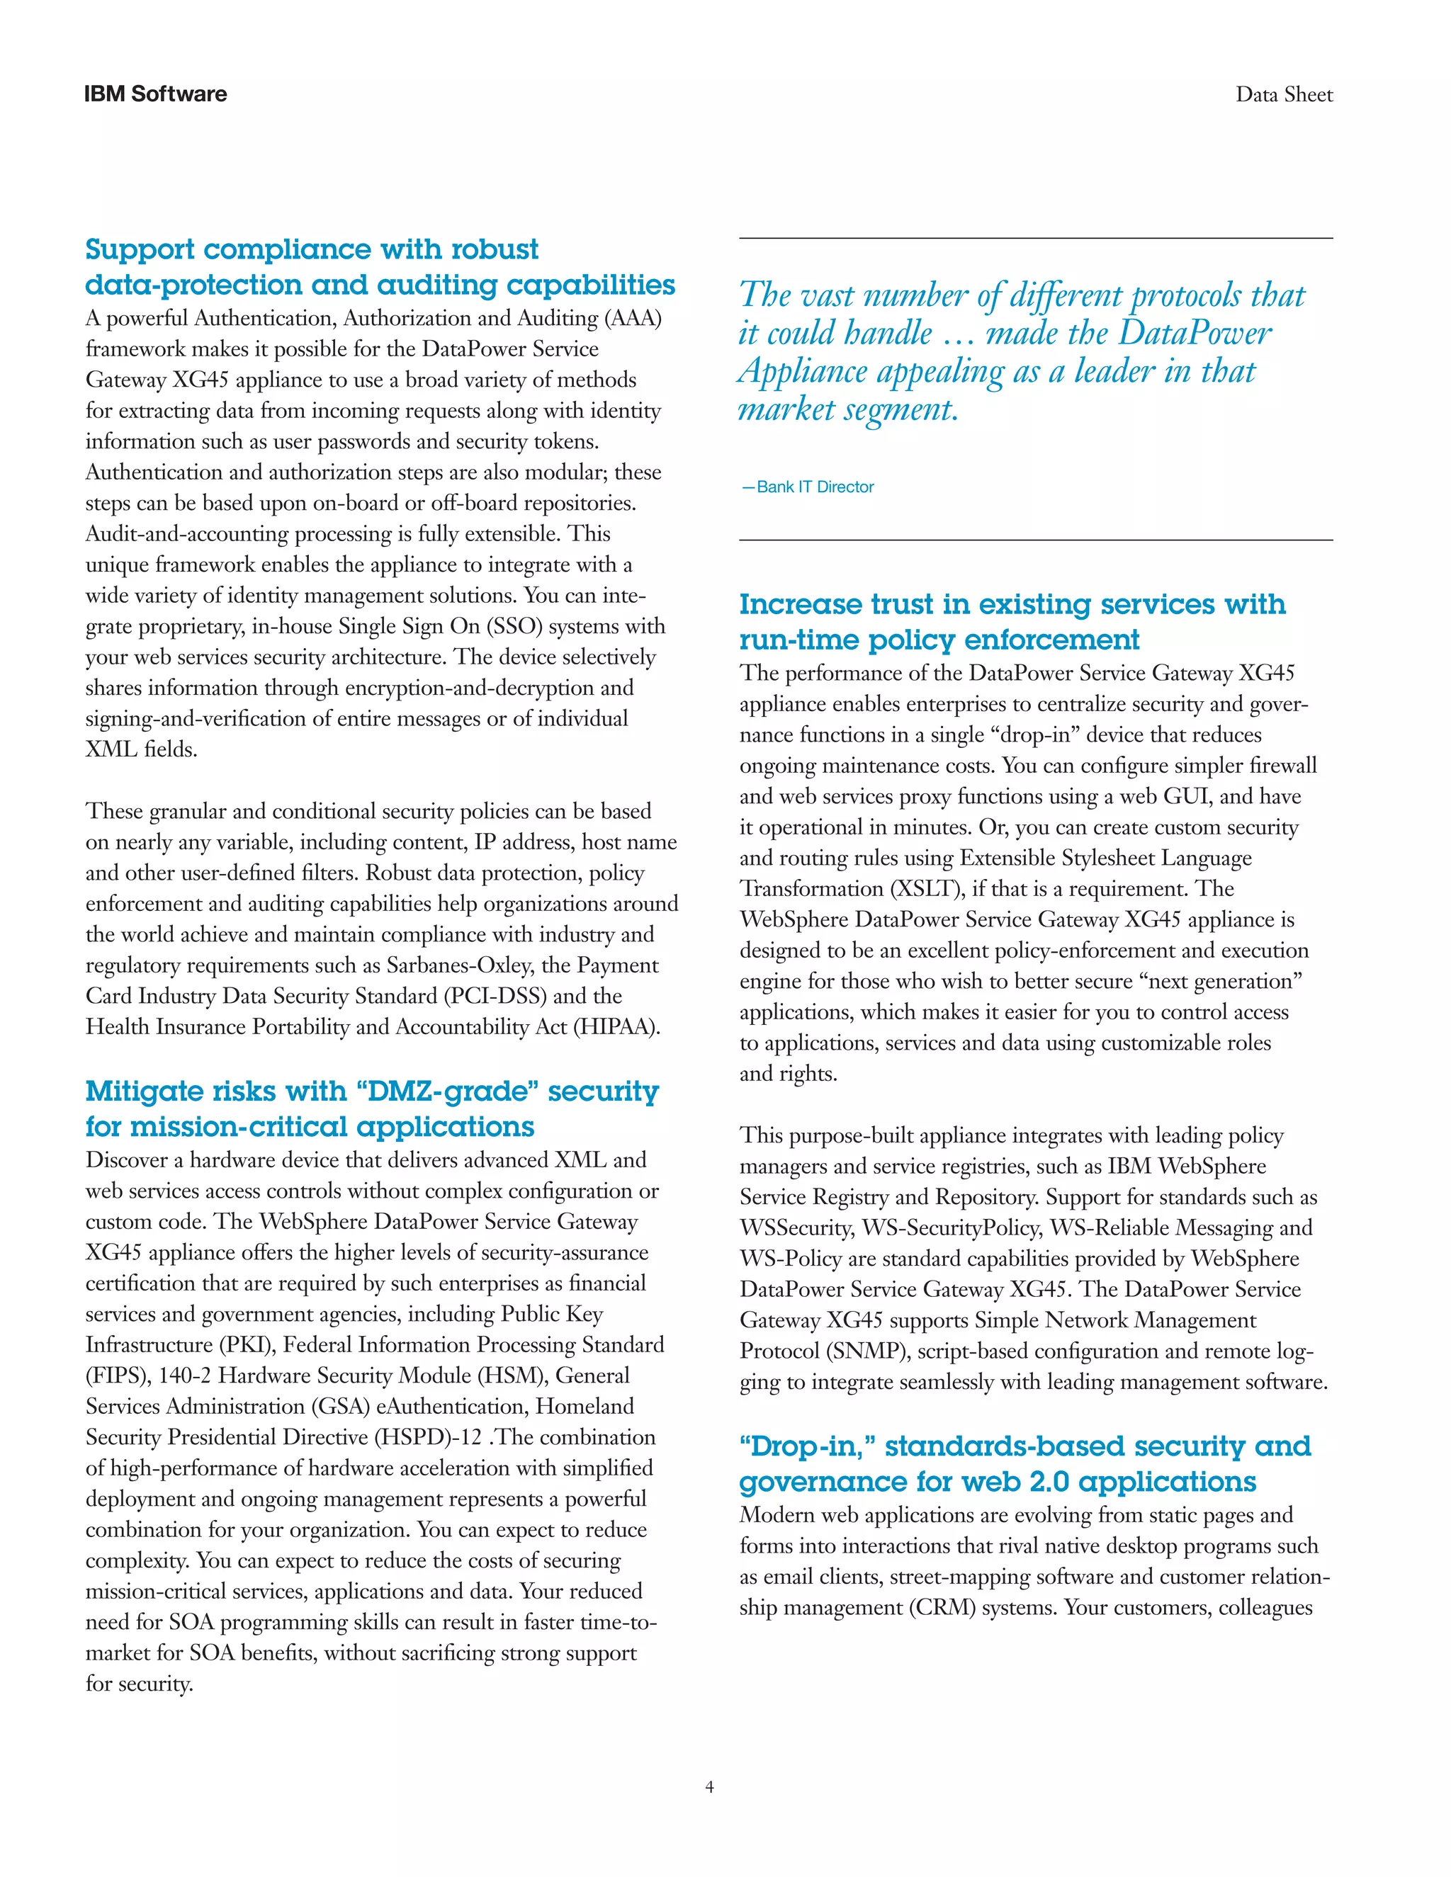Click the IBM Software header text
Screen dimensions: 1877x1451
coord(156,94)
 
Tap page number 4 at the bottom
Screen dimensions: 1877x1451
coord(709,1787)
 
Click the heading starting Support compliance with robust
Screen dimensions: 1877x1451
coord(311,249)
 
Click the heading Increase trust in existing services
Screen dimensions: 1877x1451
coord(1012,604)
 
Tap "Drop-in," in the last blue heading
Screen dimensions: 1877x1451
coord(807,1446)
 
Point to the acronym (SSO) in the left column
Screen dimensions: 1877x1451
coord(514,627)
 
